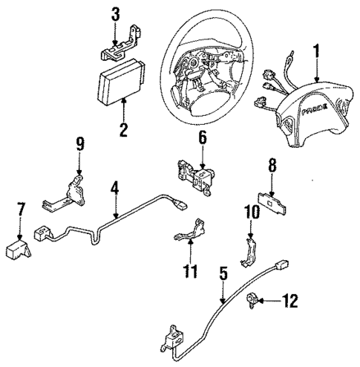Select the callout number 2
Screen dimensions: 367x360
point(123,131)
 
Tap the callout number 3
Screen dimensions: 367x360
point(115,14)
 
